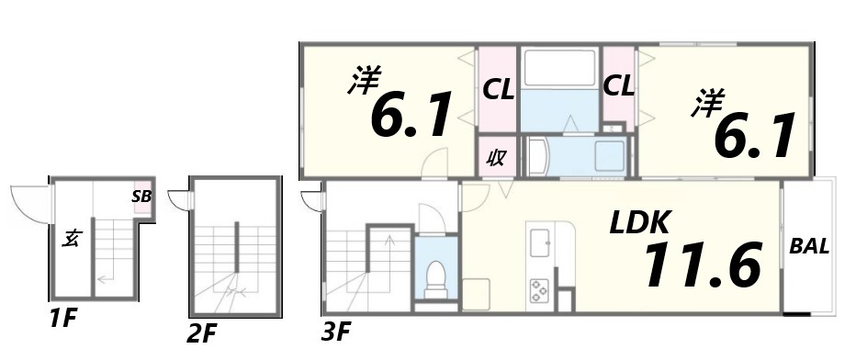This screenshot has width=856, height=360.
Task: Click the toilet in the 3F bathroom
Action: pos(434,272)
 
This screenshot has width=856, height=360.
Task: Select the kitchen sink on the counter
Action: pos(540,244)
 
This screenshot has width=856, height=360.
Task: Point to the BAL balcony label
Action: pos(809,246)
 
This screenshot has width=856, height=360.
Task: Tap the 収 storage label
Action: pos(496,157)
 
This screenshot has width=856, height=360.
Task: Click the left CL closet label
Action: pos(498,89)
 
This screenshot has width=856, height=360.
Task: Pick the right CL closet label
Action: pos(619,87)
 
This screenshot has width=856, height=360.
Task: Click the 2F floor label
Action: pos(204,333)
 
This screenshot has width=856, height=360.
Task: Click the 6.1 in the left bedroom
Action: pos(411,117)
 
